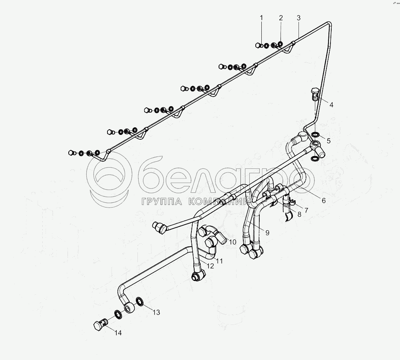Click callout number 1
pyautogui.click(x=262, y=18)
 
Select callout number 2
pyautogui.click(x=281, y=18)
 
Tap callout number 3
pyautogui.click(x=299, y=18)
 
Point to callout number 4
pyautogui.click(x=331, y=105)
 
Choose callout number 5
pyautogui.click(x=328, y=140)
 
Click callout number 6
pyautogui.click(x=324, y=201)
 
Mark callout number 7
pyautogui.click(x=306, y=210)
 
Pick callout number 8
pyautogui.click(x=299, y=215)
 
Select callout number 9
pyautogui.click(x=267, y=232)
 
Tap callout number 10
pyautogui.click(x=233, y=242)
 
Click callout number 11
pyautogui.click(x=219, y=261)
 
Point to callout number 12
pyautogui.click(x=210, y=266)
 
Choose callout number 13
pyautogui.click(x=156, y=313)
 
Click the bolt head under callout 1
pyautogui.click(x=258, y=45)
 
